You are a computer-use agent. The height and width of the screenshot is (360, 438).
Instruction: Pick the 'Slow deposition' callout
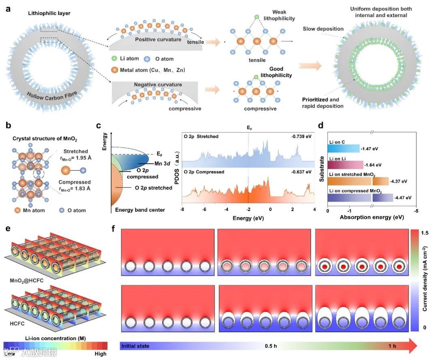tap(323, 29)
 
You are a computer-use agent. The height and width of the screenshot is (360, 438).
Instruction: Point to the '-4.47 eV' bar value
tap(402, 198)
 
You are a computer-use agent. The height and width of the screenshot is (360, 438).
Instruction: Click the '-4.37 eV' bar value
tap(398, 181)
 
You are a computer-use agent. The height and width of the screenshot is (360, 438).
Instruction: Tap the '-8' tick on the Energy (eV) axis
tap(182, 209)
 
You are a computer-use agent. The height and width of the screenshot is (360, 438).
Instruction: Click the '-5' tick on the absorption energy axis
tap(415, 211)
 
